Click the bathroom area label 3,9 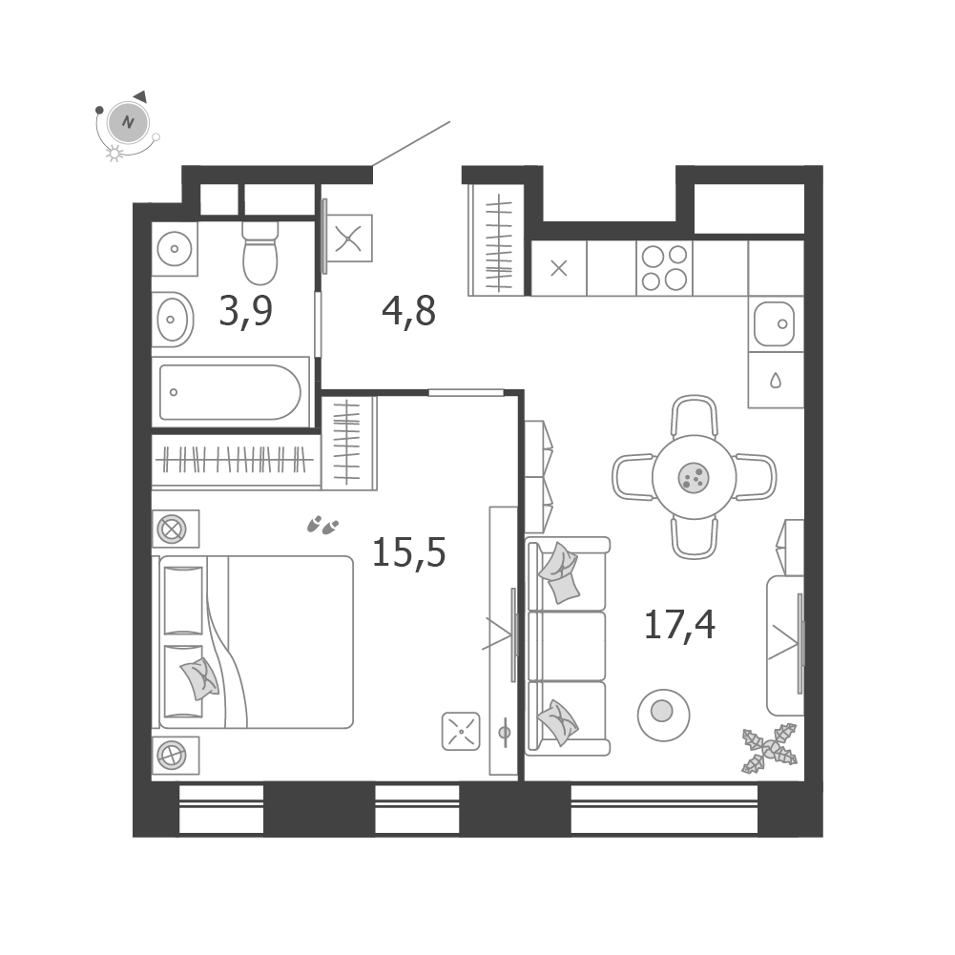[245, 312]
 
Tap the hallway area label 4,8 [408, 312]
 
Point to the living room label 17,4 [679, 625]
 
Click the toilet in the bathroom [260, 252]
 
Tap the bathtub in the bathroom [230, 392]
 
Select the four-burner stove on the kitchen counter [664, 268]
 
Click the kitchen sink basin [775, 324]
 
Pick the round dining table [694, 477]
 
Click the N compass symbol [128, 122]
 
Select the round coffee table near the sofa [663, 715]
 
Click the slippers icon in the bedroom [322, 525]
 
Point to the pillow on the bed [199, 678]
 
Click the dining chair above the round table [695, 417]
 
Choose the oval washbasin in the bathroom [173, 320]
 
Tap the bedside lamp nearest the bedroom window [172, 756]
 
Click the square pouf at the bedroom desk [461, 731]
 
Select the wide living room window [664, 809]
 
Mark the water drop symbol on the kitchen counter [776, 381]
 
